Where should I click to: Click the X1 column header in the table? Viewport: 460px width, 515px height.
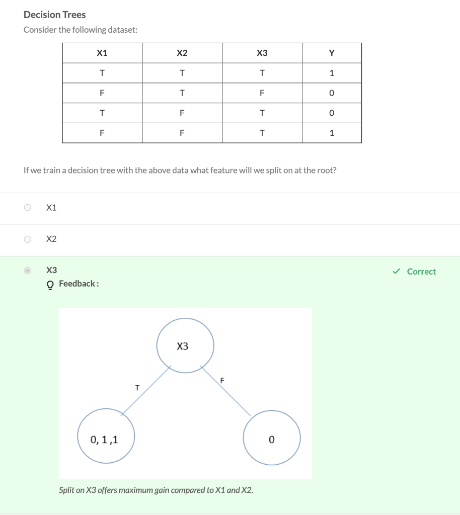(102, 53)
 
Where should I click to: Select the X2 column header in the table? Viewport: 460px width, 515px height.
(182, 53)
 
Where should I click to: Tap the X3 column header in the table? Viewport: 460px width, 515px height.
(262, 53)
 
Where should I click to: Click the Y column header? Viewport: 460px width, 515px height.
(331, 53)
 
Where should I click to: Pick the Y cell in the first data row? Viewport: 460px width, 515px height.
(331, 73)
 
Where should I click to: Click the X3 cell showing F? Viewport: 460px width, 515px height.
(262, 93)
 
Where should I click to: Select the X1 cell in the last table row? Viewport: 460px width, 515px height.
(102, 133)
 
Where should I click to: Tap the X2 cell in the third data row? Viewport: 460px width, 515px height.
(182, 113)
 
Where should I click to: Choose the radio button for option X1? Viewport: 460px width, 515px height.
(28, 207)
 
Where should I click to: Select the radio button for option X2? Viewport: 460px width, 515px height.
(28, 239)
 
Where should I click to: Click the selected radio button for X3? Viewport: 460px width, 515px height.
(28, 271)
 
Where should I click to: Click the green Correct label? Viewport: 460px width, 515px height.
(421, 272)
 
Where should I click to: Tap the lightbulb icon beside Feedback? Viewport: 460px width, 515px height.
(50, 284)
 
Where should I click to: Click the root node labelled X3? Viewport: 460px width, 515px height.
(185, 346)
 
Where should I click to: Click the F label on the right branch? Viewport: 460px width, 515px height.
(222, 380)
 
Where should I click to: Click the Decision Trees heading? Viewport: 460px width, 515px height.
(55, 15)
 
